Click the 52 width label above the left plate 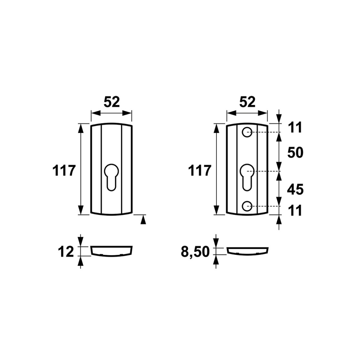coord(112,102)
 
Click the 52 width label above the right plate coord(247,102)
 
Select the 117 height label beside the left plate coord(64,171)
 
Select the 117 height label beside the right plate coord(199,171)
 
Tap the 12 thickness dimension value coord(66,252)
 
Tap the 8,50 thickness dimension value coord(195,252)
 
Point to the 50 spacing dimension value coord(295,153)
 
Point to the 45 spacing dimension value coord(295,190)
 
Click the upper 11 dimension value coord(295,128)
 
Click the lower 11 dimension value coord(295,211)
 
